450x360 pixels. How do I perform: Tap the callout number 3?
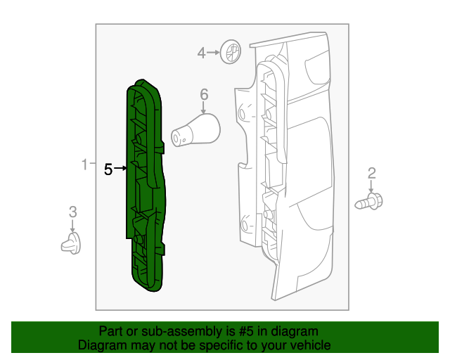click(x=72, y=212)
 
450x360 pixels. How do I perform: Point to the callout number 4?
click(x=201, y=53)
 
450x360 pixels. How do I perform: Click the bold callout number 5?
click(x=108, y=169)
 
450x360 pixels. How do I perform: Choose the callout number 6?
click(x=204, y=94)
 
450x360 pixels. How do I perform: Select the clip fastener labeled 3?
click(x=71, y=244)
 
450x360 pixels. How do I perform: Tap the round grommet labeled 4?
click(x=230, y=51)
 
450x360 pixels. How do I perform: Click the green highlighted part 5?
click(x=146, y=186)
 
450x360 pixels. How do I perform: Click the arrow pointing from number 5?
click(x=121, y=169)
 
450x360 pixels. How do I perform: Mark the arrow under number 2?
click(x=371, y=187)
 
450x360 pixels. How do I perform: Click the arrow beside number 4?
click(x=213, y=53)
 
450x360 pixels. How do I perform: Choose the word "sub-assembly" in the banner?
click(x=169, y=331)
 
